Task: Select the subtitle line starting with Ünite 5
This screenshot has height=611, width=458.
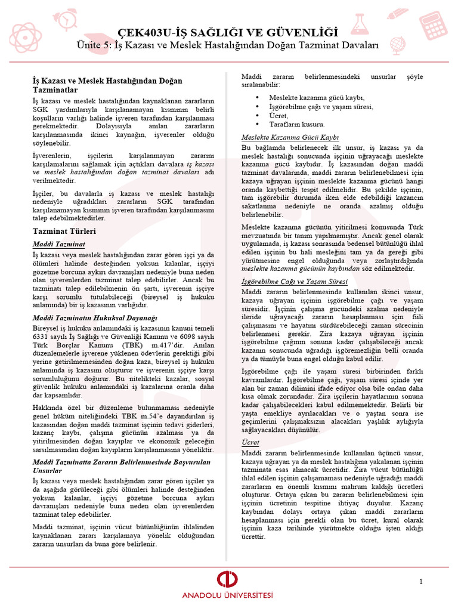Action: point(228,45)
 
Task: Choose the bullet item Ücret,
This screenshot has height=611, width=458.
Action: point(278,115)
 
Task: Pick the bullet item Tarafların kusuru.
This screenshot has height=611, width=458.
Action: point(296,124)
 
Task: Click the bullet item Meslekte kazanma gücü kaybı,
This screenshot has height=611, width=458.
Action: point(317,97)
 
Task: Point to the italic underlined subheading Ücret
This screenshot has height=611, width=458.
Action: point(250,442)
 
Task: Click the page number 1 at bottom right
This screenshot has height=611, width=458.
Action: point(421,581)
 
